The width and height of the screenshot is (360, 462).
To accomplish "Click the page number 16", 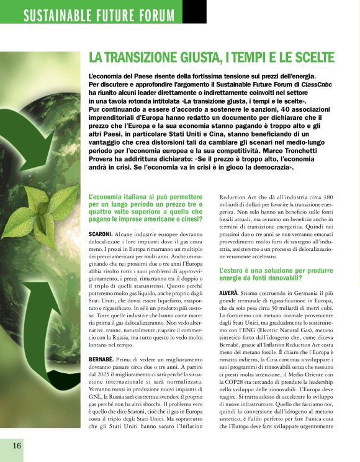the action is click(x=15, y=445).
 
